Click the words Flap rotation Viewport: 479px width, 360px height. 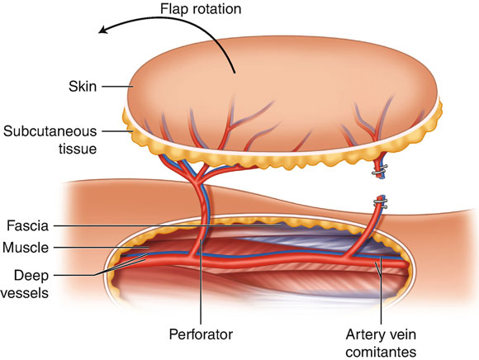coord(201,9)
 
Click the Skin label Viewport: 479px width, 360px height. coord(83,87)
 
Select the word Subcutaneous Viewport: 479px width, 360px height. coord(50,131)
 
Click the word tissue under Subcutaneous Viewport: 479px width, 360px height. coord(78,149)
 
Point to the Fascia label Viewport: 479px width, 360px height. coord(27,226)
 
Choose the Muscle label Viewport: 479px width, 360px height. coord(26,248)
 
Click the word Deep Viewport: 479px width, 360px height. coord(31,276)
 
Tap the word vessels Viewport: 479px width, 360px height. coord(25,293)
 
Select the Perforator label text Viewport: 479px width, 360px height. coord(201,334)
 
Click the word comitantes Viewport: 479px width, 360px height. coord(381,352)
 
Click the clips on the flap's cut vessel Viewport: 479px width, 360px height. coord(380,170)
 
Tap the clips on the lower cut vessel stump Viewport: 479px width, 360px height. coord(381,203)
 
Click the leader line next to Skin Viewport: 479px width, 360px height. coord(117,87)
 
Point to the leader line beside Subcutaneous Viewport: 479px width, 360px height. coord(117,131)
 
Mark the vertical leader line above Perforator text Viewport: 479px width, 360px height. coord(201,282)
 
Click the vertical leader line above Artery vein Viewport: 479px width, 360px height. coord(381,290)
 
